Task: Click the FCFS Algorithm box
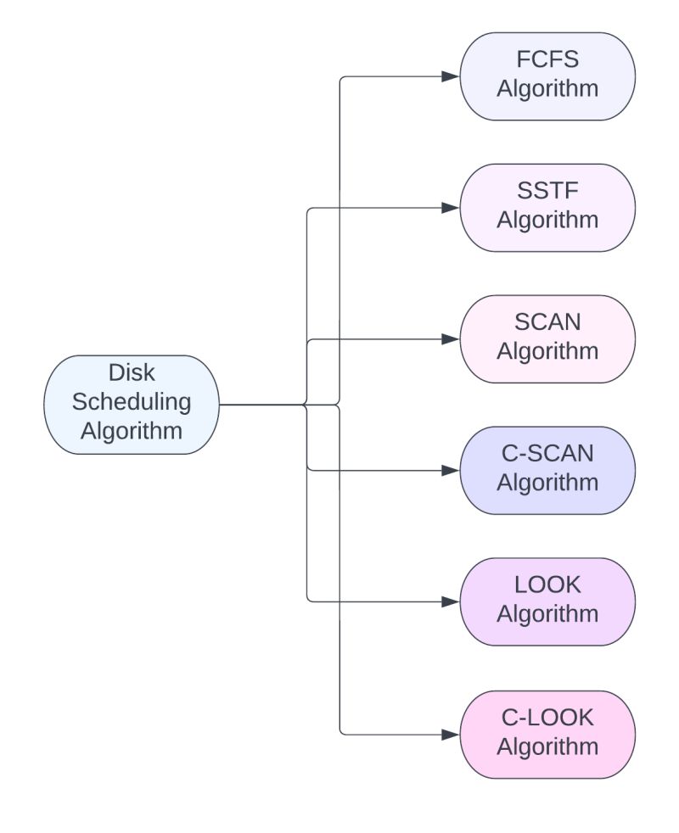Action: pyautogui.click(x=547, y=76)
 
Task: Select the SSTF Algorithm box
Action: pyautogui.click(x=547, y=208)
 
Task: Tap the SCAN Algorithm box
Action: pyautogui.click(x=547, y=338)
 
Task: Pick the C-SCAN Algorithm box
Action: pyautogui.click(x=547, y=470)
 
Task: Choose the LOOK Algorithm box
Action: pyautogui.click(x=547, y=601)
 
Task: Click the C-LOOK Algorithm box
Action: pyautogui.click(x=547, y=734)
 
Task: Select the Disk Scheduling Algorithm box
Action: pyautogui.click(x=132, y=405)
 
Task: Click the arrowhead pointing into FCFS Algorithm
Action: pyautogui.click(x=451, y=76)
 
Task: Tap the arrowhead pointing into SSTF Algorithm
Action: pyautogui.click(x=451, y=208)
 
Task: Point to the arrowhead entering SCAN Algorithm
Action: pyautogui.click(x=451, y=338)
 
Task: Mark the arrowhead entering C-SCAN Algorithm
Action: pyautogui.click(x=451, y=470)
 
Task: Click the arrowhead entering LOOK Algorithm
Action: pyautogui.click(x=451, y=601)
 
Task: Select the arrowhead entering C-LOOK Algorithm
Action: pyautogui.click(x=451, y=734)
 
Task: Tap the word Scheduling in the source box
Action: pyautogui.click(x=132, y=402)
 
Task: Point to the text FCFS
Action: pyautogui.click(x=547, y=61)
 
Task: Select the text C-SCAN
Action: pyautogui.click(x=547, y=455)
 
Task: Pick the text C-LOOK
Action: pyautogui.click(x=547, y=718)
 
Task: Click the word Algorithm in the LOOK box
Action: pyautogui.click(x=547, y=614)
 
